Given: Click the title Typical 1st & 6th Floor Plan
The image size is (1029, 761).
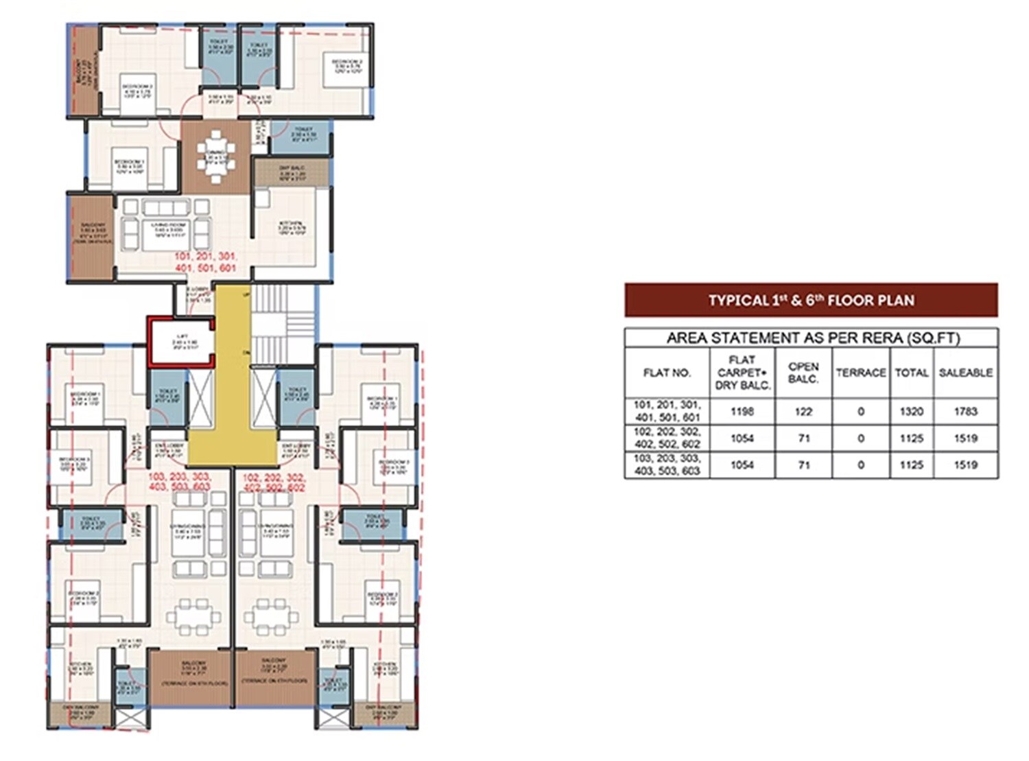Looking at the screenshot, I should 811,301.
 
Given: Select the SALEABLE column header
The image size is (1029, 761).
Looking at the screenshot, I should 965,373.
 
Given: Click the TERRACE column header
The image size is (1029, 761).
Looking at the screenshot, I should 860,373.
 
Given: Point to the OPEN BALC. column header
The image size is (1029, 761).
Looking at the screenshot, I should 803,373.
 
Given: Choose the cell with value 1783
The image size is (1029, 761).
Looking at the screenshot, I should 965,412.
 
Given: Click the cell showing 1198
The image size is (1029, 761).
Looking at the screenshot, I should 742,412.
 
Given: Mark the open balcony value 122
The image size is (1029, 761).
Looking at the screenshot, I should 803,412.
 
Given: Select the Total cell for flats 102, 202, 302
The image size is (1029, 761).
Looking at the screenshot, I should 911,438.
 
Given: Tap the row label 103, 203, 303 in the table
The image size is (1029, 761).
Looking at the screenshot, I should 667,465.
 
